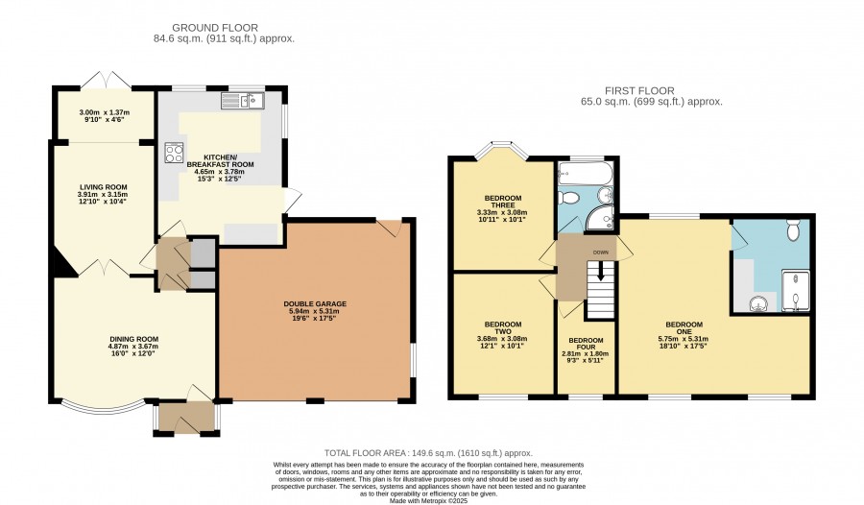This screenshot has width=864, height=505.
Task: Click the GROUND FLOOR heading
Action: pyautogui.click(x=215, y=28)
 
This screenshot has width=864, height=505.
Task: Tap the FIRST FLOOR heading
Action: pyautogui.click(x=639, y=91)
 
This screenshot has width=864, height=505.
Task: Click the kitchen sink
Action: pyautogui.click(x=243, y=101)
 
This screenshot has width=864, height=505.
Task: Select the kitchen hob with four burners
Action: pyautogui.click(x=174, y=153)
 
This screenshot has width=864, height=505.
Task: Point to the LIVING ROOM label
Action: pyautogui.click(x=103, y=187)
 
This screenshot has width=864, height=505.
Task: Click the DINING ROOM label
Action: pyautogui.click(x=133, y=340)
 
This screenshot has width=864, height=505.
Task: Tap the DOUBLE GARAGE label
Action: pyautogui.click(x=315, y=303)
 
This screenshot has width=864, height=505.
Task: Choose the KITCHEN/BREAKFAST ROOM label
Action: pyautogui.click(x=221, y=161)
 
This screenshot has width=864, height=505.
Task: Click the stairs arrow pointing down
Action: pyautogui.click(x=601, y=270)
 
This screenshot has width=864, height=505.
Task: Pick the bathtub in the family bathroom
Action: pyautogui.click(x=586, y=172)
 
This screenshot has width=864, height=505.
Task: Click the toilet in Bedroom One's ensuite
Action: pyautogui.click(x=793, y=229)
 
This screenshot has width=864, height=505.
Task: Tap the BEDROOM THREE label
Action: pyautogui.click(x=502, y=202)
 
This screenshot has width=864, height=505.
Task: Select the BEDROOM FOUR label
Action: pyautogui.click(x=586, y=344)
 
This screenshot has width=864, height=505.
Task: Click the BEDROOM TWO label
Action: pyautogui.click(x=502, y=328)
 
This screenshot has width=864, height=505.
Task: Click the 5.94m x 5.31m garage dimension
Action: pyautogui.click(x=315, y=311)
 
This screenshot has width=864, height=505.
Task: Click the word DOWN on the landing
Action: pyautogui.click(x=601, y=252)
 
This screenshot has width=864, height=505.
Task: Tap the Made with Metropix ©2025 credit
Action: pyautogui.click(x=428, y=501)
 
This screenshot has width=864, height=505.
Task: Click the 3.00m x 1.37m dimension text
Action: pyautogui.click(x=105, y=112)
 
